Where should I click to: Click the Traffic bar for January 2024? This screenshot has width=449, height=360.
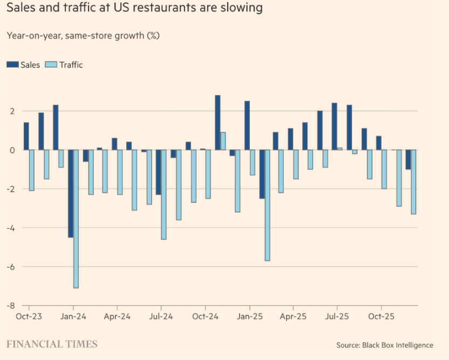point(76,219)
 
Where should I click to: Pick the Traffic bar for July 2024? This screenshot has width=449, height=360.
point(164,194)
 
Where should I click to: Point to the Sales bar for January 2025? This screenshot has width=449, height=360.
point(247,125)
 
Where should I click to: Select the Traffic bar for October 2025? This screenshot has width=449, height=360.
point(384,169)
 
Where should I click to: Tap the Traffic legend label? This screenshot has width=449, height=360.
point(71,65)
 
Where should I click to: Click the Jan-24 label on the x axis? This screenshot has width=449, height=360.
point(73,316)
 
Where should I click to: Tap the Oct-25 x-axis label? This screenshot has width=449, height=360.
point(380,316)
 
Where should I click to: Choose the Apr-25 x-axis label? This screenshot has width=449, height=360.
point(292,316)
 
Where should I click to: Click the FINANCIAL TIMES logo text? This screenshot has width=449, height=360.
point(52,344)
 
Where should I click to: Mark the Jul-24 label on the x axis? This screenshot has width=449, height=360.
point(161,316)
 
